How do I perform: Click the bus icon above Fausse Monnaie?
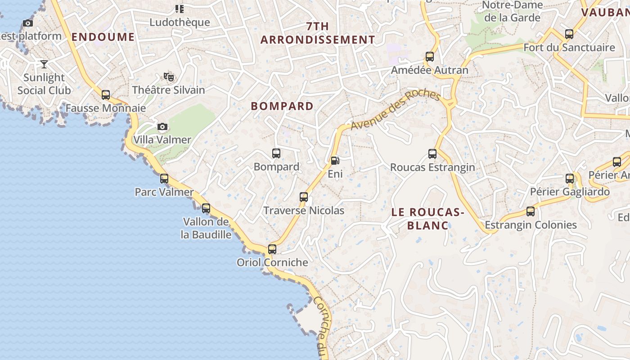[x=106, y=95]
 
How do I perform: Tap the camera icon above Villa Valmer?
[x=162, y=127]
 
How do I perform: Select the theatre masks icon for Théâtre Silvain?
[x=169, y=77]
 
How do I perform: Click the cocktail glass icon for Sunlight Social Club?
[x=44, y=64]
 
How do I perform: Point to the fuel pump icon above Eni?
[x=335, y=161]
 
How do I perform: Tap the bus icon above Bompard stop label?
[x=276, y=153]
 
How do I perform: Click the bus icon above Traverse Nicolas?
[x=304, y=197]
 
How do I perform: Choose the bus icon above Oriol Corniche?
[x=272, y=249]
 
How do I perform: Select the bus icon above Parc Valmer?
[x=164, y=179]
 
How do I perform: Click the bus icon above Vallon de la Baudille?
[x=206, y=208]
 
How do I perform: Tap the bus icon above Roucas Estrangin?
[x=432, y=154]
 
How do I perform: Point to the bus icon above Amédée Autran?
[x=430, y=57]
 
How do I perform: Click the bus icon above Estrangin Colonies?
[x=531, y=211]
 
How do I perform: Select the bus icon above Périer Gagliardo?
[x=570, y=179]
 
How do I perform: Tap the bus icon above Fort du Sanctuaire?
[x=569, y=34]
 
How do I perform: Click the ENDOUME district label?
[x=103, y=37]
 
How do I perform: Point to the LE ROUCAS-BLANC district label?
[x=427, y=219]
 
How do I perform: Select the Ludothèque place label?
[x=180, y=22]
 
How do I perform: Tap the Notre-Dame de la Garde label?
[x=512, y=12]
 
